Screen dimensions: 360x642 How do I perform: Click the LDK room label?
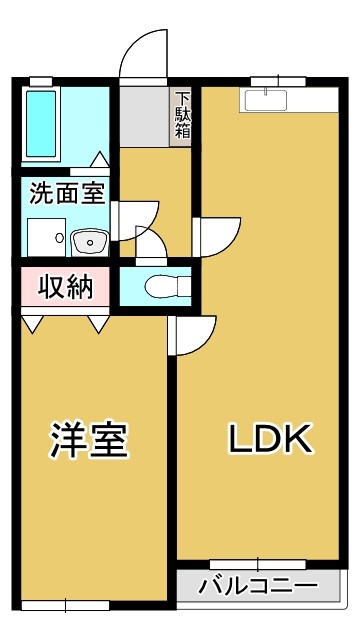tap(270, 438)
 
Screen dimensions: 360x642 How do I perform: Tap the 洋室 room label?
tap(91, 439)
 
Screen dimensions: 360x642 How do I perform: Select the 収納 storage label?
tap(66, 287)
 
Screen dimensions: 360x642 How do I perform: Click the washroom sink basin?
tap(89, 241)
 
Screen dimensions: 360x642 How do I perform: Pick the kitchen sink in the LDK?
tap(265, 100)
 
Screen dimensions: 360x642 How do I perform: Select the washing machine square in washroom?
tap(45, 236)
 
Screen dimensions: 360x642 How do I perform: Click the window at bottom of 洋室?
tap(66, 604)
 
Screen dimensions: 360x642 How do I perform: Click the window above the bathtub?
tap(42, 81)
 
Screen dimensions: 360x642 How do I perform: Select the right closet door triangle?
tap(98, 324)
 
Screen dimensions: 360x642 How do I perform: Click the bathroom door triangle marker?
tap(101, 159)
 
